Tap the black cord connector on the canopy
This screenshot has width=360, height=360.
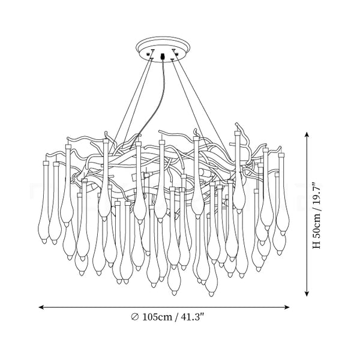pyautogui.click(x=163, y=56)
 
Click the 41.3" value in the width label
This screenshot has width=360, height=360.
pyautogui.click(x=193, y=317)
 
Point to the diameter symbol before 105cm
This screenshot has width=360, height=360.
pyautogui.click(x=135, y=317)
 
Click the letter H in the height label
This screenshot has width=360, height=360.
pyautogui.click(x=317, y=245)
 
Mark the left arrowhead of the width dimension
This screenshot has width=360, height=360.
pyautogui.click(x=41, y=307)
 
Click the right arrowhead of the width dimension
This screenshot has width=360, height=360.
pyautogui.click(x=287, y=307)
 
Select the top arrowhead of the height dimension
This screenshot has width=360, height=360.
pyautogui.click(x=307, y=134)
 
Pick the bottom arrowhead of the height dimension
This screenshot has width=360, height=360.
pyautogui.click(x=307, y=294)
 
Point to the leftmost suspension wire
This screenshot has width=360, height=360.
pyautogui.click(x=133, y=101)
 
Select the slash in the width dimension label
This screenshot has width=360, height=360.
pyautogui.click(x=176, y=317)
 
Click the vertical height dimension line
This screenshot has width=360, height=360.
pyautogui.click(x=307, y=214)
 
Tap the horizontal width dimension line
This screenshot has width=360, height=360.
pyautogui.click(x=164, y=307)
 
